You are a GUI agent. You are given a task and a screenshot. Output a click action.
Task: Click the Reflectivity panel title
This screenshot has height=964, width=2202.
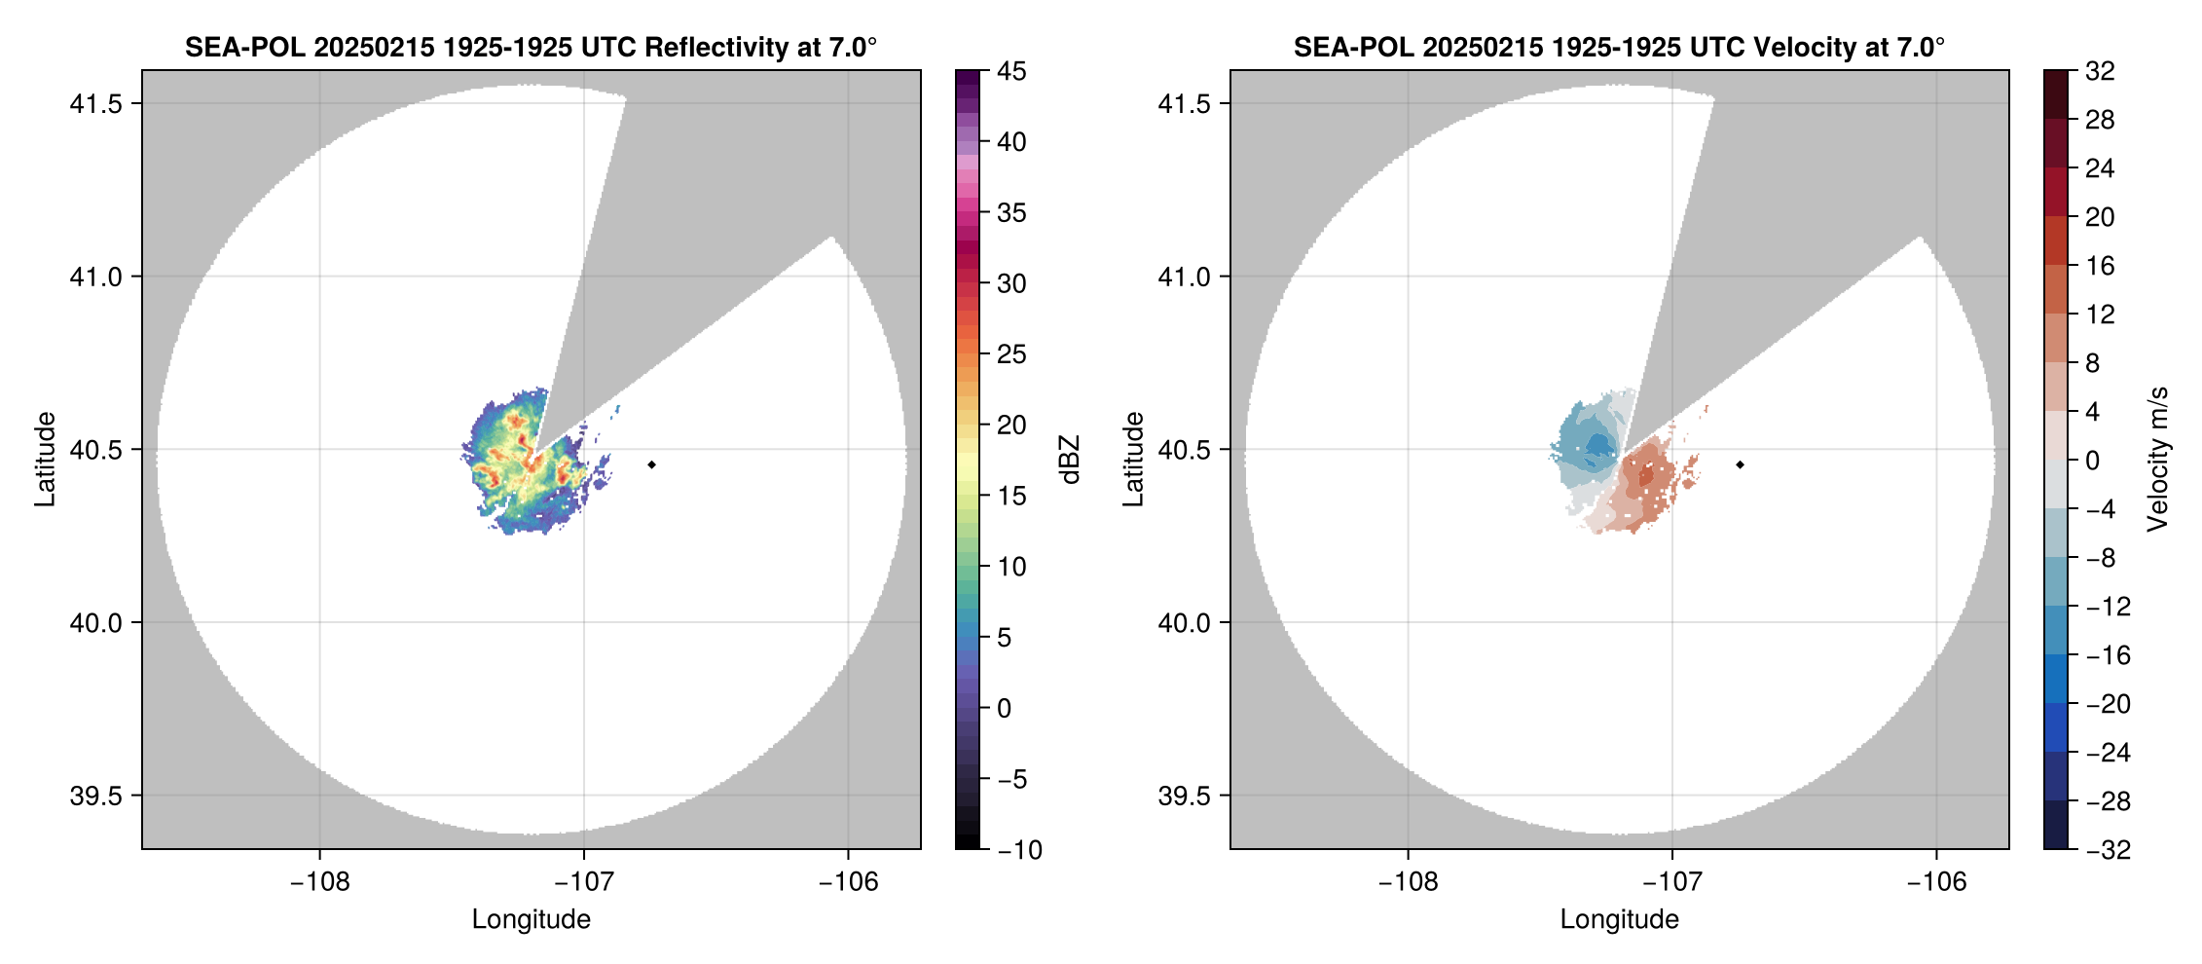point(531,47)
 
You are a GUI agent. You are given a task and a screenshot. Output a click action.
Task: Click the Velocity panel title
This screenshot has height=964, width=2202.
point(1619,47)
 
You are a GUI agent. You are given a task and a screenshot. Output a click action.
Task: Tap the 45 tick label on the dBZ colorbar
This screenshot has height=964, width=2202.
point(1011,71)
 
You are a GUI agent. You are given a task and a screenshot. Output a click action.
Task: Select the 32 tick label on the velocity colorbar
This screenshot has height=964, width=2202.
point(2100,71)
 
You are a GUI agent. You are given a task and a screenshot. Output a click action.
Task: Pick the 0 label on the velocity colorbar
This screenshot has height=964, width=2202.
point(2093,461)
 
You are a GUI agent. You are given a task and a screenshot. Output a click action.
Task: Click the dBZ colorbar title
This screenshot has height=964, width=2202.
point(1070,460)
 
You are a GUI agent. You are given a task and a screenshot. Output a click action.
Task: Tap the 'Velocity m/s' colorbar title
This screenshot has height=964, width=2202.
point(2158,459)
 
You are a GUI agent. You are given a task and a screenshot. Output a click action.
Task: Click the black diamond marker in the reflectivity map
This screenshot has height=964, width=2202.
point(651,464)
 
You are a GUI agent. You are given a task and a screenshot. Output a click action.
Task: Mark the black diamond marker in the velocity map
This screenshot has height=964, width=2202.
point(1740,464)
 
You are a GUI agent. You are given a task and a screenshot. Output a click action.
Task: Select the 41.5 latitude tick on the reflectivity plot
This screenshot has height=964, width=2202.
point(96,104)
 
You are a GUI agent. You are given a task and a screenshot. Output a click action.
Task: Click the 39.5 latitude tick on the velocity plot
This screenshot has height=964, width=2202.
point(1185,796)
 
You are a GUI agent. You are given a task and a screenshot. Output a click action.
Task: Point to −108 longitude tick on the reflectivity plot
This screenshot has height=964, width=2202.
point(319,882)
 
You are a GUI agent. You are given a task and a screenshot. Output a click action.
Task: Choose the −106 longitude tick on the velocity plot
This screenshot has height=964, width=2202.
point(1936,882)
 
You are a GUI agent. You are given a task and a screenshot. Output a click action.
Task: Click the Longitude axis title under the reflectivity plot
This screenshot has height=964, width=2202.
point(532,919)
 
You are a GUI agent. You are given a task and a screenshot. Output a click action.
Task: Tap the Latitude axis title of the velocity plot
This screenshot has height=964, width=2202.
point(1133,459)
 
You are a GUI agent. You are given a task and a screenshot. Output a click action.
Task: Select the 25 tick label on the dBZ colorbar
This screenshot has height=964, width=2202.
point(1011,354)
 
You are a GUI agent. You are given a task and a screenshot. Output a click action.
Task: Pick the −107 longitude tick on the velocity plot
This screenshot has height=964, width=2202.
point(1672,882)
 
